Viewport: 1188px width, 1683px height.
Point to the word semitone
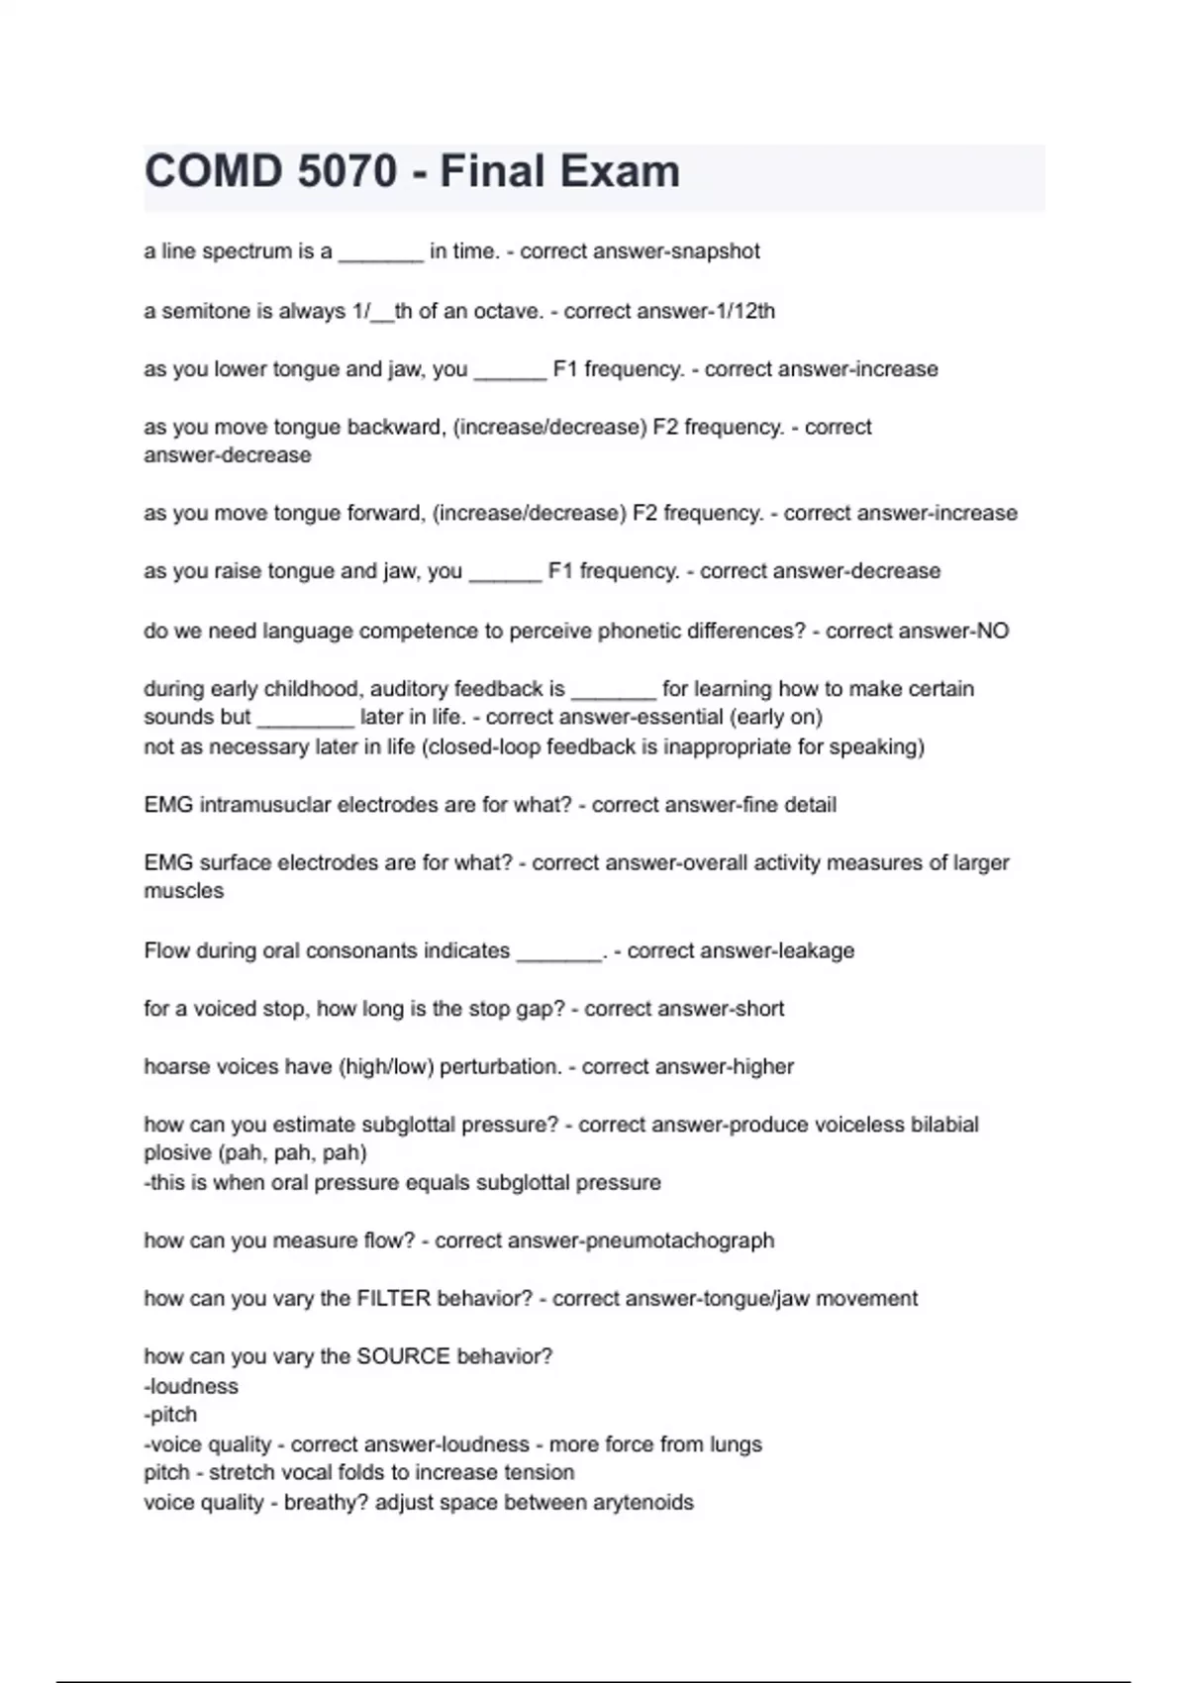coord(204,311)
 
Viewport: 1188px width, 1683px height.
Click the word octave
coord(507,311)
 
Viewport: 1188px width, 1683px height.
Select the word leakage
coord(816,950)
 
